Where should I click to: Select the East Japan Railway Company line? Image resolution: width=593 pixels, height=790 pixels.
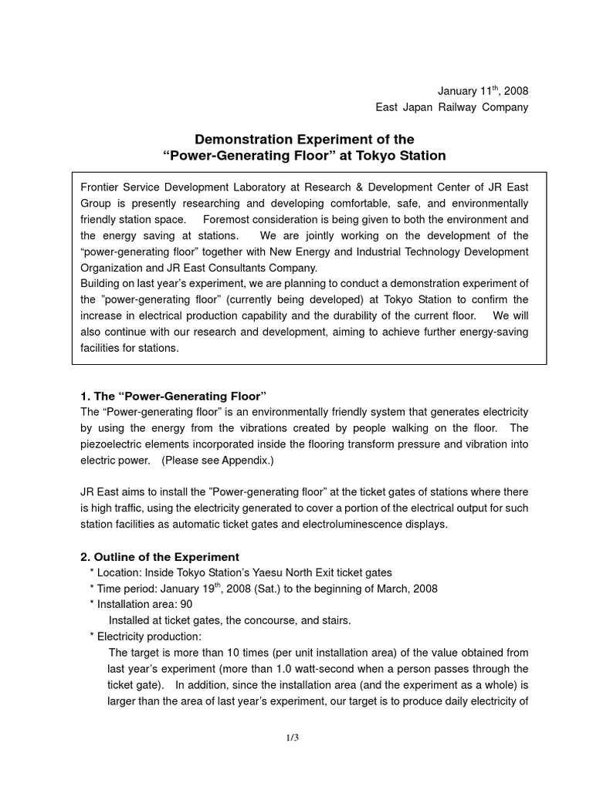coord(452,107)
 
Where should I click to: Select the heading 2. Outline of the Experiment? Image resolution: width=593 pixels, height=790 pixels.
coord(160,556)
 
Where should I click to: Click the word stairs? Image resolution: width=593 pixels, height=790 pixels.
coord(334,620)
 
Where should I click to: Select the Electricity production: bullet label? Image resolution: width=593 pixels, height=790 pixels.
coord(148,636)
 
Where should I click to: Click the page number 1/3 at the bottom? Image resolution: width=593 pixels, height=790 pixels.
coord(292,738)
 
